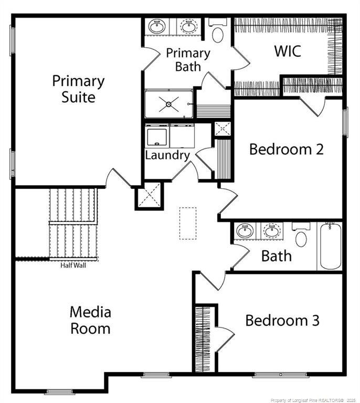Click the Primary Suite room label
point(78,89)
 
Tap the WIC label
point(288,51)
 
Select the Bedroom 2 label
point(286,149)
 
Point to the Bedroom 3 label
point(282,320)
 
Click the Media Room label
point(90,320)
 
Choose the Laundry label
point(167,155)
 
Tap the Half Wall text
point(73,265)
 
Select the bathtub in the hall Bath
point(330,246)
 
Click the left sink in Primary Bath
point(156,26)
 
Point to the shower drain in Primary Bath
point(169,104)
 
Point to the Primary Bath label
point(188,60)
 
